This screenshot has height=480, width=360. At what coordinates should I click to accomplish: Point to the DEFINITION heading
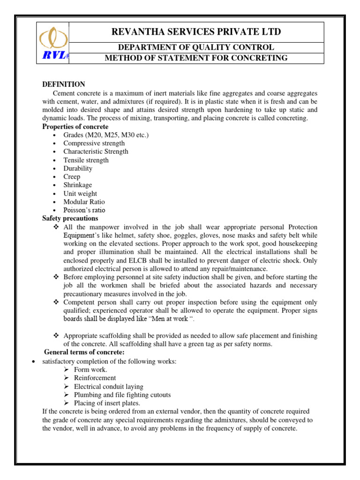click(x=64, y=84)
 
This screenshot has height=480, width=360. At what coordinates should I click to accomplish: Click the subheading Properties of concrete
click(x=75, y=127)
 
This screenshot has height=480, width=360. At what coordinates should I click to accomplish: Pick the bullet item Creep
click(x=72, y=177)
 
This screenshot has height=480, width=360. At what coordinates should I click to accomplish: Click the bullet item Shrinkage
click(x=78, y=185)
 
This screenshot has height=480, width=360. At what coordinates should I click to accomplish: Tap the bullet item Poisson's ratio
click(x=84, y=210)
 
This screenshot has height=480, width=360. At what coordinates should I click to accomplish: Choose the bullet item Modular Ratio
click(x=84, y=202)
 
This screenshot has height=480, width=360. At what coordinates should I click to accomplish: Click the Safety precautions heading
click(x=70, y=218)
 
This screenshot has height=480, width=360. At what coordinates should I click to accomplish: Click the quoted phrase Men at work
click(x=172, y=319)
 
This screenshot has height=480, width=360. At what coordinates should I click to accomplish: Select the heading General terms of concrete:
click(x=84, y=352)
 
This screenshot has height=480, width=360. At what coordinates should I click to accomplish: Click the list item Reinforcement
click(x=95, y=378)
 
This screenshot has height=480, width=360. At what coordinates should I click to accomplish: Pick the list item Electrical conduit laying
click(x=109, y=386)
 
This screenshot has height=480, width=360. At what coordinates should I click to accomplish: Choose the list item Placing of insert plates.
click(x=107, y=403)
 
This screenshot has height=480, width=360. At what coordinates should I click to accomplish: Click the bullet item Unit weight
click(x=80, y=194)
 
